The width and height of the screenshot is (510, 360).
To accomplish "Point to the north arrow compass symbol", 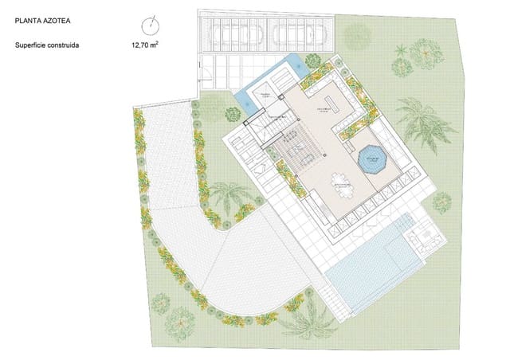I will pos(149,24).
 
